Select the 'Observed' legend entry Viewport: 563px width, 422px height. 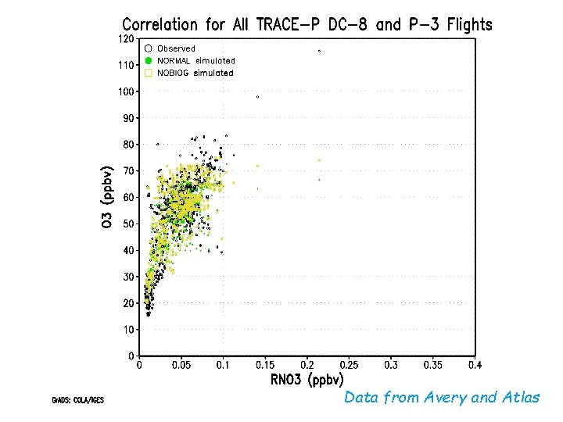[176, 48]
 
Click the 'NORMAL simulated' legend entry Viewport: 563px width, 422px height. [196, 60]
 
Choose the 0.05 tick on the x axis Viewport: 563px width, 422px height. [181, 365]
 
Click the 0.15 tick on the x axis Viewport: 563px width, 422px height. [265, 365]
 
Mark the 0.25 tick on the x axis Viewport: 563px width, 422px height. [349, 365]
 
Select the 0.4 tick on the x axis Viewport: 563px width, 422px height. [474, 365]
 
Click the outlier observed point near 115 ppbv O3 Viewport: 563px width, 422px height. [319, 51]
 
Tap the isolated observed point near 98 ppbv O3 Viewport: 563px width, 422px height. [257, 97]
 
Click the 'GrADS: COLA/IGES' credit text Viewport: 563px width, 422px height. [77, 400]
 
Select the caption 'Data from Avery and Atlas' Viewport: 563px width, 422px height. [442, 398]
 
